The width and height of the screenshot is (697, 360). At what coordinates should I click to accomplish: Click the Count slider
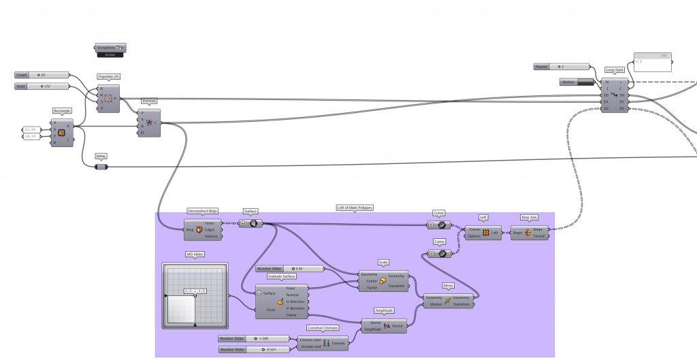point(42,75)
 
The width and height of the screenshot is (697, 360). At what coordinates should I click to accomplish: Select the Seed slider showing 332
point(42,86)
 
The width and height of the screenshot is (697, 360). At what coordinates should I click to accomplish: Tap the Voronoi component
point(149,122)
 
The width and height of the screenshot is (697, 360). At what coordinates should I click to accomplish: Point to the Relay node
point(101,165)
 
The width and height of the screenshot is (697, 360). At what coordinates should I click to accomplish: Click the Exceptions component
point(110,48)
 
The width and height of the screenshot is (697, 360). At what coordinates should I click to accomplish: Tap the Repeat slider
point(562,67)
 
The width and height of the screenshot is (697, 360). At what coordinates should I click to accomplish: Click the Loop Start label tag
point(615,70)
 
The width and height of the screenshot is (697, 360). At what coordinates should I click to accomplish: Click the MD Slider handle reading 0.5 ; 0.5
point(195,291)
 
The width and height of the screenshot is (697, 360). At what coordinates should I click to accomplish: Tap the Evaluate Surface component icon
point(280,302)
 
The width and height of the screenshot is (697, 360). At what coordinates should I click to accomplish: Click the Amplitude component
point(385,326)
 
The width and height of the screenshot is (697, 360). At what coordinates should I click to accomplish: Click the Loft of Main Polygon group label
point(355,208)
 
